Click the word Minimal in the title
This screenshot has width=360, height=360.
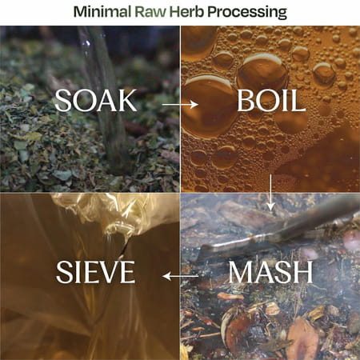(x=102, y=12)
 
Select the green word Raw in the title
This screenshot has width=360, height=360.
(x=150, y=12)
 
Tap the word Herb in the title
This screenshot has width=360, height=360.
(x=187, y=12)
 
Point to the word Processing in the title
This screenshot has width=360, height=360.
(x=247, y=13)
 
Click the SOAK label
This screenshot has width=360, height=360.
(x=96, y=101)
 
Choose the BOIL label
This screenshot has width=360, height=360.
(x=271, y=101)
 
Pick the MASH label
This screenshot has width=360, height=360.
(x=270, y=272)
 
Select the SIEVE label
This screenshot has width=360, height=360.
(x=96, y=272)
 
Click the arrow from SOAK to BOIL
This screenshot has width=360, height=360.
(x=181, y=104)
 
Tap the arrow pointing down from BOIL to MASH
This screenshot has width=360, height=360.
(x=271, y=192)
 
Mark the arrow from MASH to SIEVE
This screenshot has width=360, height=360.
(x=181, y=276)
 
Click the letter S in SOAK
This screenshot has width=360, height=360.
(x=62, y=101)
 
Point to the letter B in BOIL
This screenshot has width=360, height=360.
(x=246, y=101)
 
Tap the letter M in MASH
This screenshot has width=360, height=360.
(x=241, y=272)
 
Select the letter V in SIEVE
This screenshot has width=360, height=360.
(x=109, y=272)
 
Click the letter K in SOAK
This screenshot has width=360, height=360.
(x=127, y=101)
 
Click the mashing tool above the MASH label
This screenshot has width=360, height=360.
(x=278, y=229)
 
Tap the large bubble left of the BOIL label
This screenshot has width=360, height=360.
(x=209, y=106)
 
